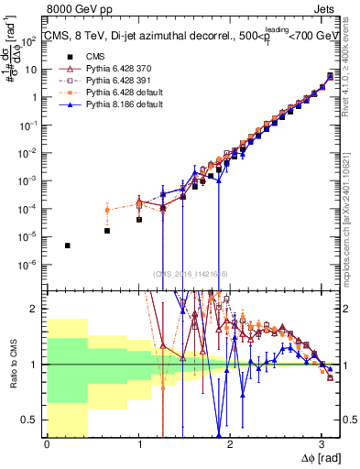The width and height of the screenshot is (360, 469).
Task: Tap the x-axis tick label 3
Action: (322, 442)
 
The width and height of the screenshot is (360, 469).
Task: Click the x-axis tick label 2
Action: (230, 442)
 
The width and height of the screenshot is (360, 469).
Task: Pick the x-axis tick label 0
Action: (47, 442)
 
